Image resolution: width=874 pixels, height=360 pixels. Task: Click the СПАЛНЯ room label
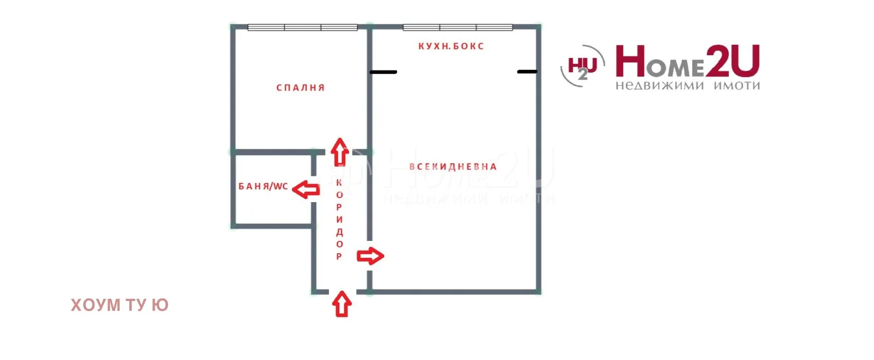(x=300, y=88)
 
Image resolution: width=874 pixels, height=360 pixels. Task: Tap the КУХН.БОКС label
(x=451, y=46)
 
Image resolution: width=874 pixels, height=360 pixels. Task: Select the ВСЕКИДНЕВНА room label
(x=453, y=167)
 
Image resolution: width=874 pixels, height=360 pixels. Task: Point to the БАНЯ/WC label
(x=263, y=186)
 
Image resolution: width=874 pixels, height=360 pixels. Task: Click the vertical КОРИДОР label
(x=339, y=219)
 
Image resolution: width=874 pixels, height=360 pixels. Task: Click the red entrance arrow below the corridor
(x=342, y=304)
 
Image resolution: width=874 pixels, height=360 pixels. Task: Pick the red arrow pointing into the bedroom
(x=340, y=152)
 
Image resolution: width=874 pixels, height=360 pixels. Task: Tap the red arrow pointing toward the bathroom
(x=306, y=190)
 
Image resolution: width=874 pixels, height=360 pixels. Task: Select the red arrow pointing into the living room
(x=370, y=256)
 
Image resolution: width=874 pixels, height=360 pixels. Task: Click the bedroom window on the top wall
(x=303, y=27)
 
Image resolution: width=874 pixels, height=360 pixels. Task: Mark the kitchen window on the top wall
(x=458, y=27)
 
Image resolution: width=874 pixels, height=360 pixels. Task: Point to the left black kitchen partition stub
(x=383, y=72)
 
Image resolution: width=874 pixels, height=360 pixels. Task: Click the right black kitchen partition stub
(x=527, y=72)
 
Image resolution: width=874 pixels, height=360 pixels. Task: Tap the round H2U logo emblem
(x=583, y=66)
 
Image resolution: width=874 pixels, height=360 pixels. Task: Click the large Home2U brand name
(x=688, y=61)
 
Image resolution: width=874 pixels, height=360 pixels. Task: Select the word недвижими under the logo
(x=660, y=85)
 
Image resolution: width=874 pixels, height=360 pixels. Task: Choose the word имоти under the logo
(x=737, y=85)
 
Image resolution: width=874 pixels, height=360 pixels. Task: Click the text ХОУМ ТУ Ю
(x=120, y=305)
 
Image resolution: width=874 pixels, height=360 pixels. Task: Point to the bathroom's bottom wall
(x=273, y=226)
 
